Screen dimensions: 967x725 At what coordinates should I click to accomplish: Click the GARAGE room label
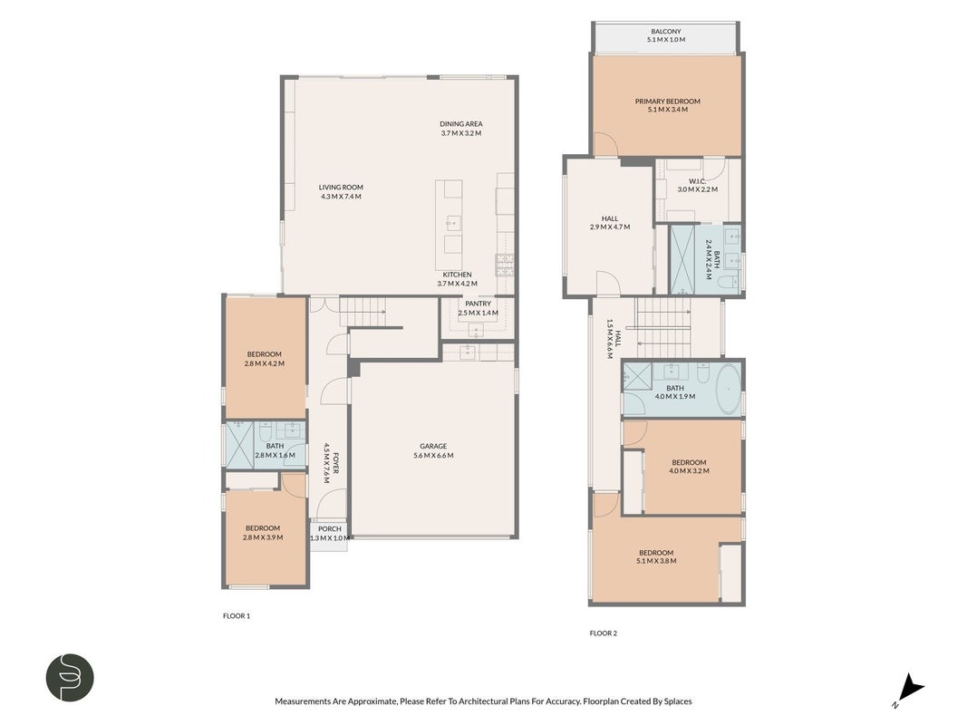coord(433,447)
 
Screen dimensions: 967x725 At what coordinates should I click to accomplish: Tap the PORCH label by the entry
coord(330,529)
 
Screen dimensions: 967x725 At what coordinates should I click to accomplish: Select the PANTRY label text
coord(478,304)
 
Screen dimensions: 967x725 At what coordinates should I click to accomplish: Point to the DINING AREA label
coord(460,124)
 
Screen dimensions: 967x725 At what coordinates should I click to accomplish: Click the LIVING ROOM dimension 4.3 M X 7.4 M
coord(341,197)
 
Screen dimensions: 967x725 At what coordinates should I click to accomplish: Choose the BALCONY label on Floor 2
coord(666,32)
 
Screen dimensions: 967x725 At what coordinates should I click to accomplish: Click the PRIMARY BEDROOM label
coord(667,101)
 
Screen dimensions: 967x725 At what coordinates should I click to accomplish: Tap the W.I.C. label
coord(697,181)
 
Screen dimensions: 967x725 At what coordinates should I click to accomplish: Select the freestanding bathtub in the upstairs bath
coord(729,390)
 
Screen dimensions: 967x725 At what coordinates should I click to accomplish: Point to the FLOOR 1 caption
coord(237,616)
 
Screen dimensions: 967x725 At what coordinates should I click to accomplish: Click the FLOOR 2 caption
coord(604,633)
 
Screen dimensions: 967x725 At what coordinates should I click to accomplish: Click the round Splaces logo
coord(70,678)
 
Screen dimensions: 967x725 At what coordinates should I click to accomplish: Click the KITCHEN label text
coord(457,275)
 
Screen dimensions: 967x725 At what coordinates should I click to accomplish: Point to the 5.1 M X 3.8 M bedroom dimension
coord(655,562)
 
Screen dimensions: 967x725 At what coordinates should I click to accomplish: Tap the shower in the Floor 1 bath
coord(240,444)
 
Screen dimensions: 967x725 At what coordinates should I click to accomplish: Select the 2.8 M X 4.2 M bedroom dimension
coord(264,363)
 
